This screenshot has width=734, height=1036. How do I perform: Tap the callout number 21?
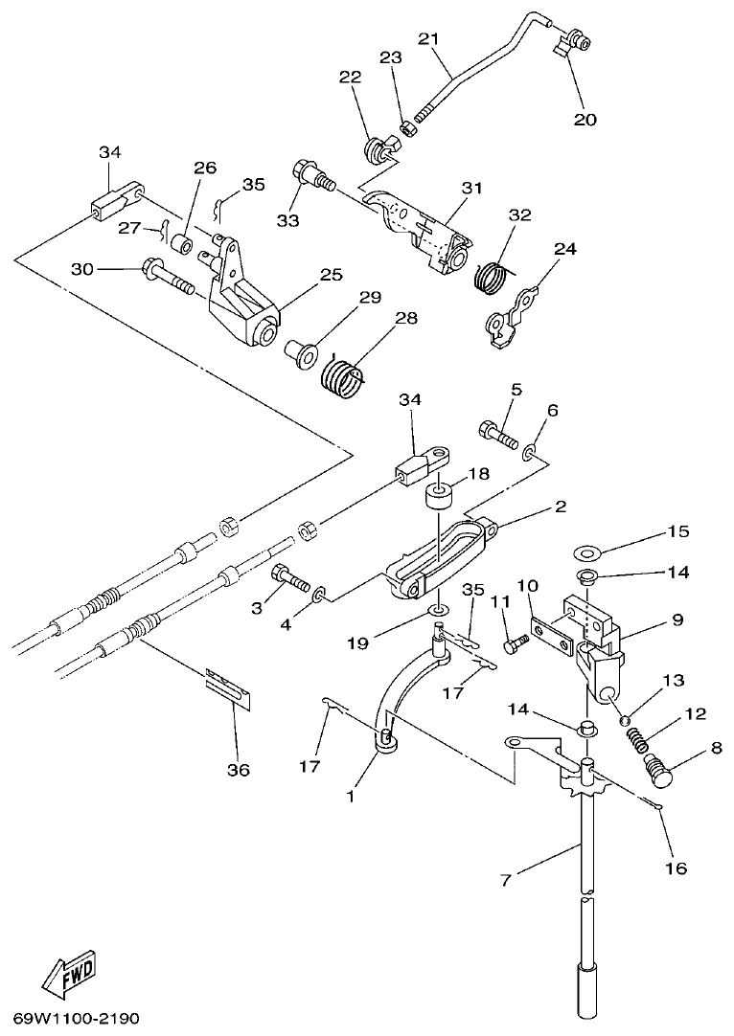click(428, 39)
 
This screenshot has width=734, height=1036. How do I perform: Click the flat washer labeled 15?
click(584, 552)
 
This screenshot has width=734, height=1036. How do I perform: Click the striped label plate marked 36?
click(228, 689)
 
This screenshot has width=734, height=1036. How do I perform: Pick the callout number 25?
click(331, 276)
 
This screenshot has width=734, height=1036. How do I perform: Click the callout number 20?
click(585, 120)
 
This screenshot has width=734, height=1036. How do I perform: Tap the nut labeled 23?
click(406, 124)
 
